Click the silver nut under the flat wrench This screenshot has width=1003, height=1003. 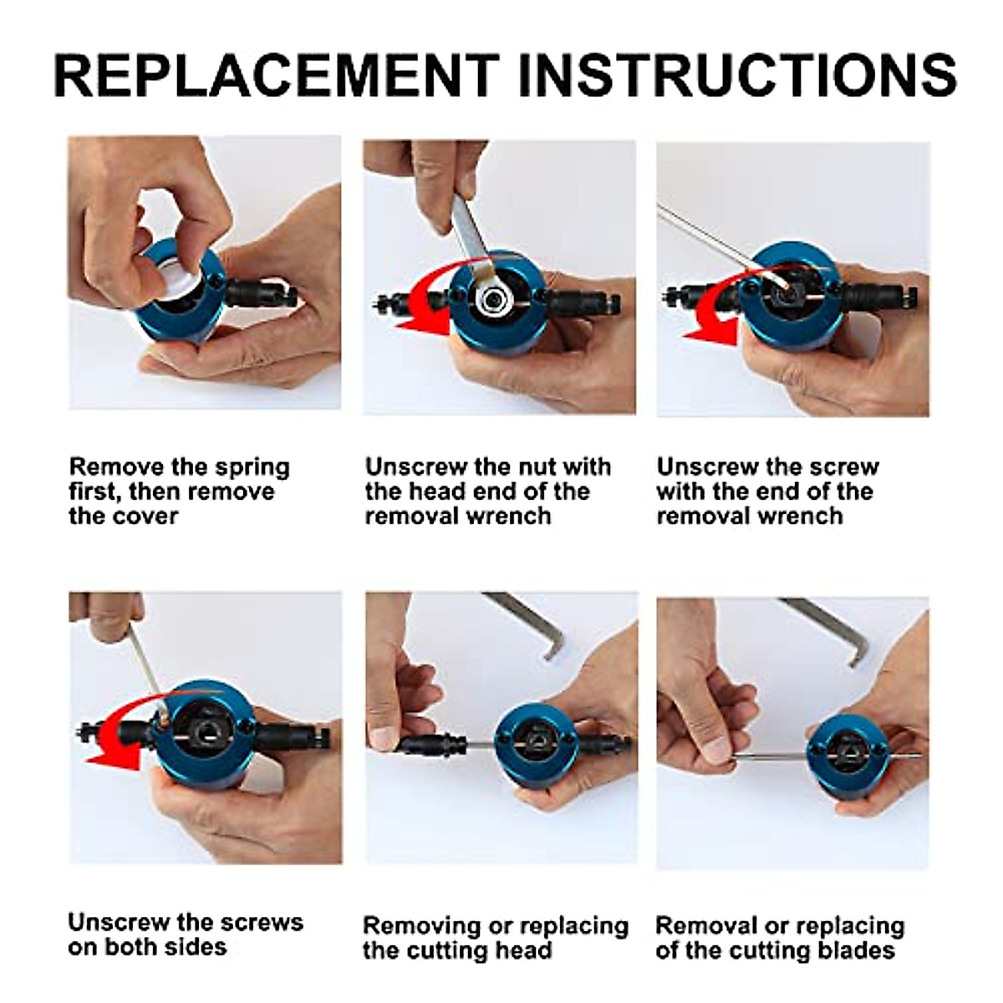(x=491, y=300)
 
